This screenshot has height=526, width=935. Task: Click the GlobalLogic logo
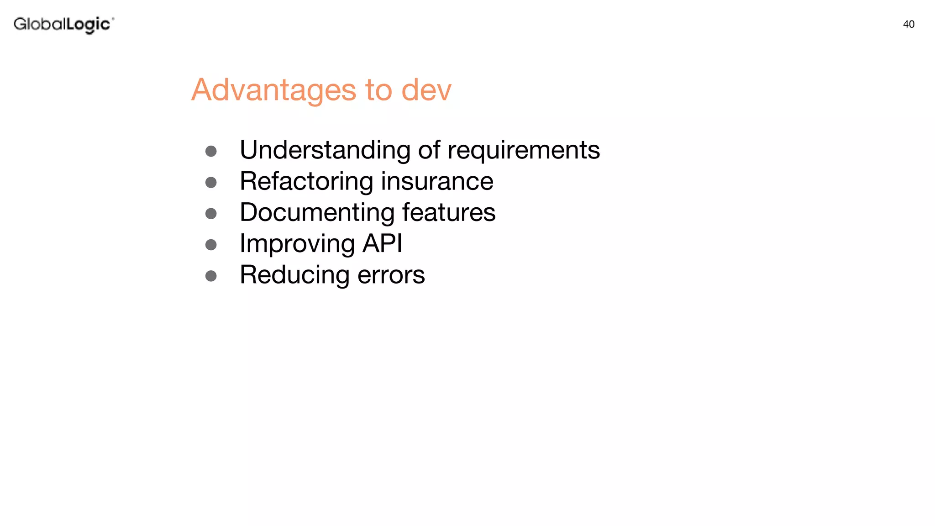63,24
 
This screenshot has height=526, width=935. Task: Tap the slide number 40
909,25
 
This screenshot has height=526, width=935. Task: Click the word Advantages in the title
273,90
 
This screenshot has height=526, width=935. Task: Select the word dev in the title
426,90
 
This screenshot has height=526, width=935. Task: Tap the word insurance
437,181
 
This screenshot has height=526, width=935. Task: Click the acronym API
382,243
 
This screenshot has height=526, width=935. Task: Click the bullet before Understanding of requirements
211,151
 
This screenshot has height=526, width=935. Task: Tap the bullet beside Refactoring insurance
211,183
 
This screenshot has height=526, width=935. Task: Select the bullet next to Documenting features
211,214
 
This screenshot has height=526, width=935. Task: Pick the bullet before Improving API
211,245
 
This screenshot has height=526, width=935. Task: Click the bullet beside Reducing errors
211,276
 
